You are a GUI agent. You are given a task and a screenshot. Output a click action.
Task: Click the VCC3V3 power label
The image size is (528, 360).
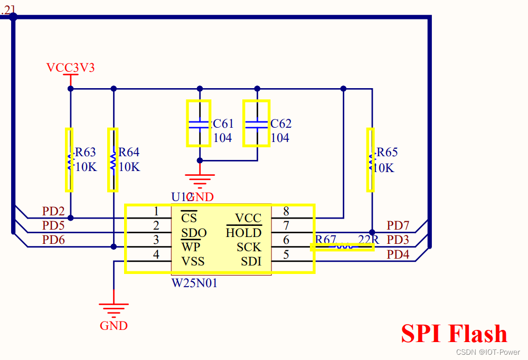tap(70, 68)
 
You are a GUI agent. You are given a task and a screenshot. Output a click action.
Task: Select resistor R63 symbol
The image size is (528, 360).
tap(69, 159)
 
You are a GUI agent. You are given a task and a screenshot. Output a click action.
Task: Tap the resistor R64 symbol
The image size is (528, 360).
tap(113, 159)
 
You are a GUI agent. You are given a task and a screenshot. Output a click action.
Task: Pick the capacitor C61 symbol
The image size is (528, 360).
tap(199, 124)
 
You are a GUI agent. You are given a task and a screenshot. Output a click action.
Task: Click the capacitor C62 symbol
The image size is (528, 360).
tap(256, 124)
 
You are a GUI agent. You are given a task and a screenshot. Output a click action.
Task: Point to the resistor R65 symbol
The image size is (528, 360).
tap(371, 159)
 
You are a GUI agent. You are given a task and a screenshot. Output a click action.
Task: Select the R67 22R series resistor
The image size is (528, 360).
tap(343, 247)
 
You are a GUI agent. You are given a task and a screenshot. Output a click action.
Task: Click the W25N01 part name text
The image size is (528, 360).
tap(194, 283)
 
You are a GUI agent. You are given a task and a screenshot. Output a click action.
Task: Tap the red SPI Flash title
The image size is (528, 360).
tap(454, 334)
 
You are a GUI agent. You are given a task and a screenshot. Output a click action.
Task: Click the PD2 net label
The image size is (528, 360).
tap(53, 212)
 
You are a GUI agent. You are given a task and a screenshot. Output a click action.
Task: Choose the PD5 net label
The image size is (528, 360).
tap(53, 226)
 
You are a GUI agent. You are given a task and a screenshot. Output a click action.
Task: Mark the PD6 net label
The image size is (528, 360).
tap(53, 240)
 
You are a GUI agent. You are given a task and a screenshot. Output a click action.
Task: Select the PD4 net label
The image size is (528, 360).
tap(398, 254)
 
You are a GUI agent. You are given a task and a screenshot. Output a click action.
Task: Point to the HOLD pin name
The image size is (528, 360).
tap(243, 233)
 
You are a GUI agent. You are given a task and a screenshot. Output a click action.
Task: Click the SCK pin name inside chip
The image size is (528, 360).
tap(249, 247)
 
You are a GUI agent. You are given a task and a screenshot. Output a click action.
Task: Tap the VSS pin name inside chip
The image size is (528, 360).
tap(193, 261)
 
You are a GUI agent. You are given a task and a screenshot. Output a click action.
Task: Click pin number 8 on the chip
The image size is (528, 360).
tap(286, 212)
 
